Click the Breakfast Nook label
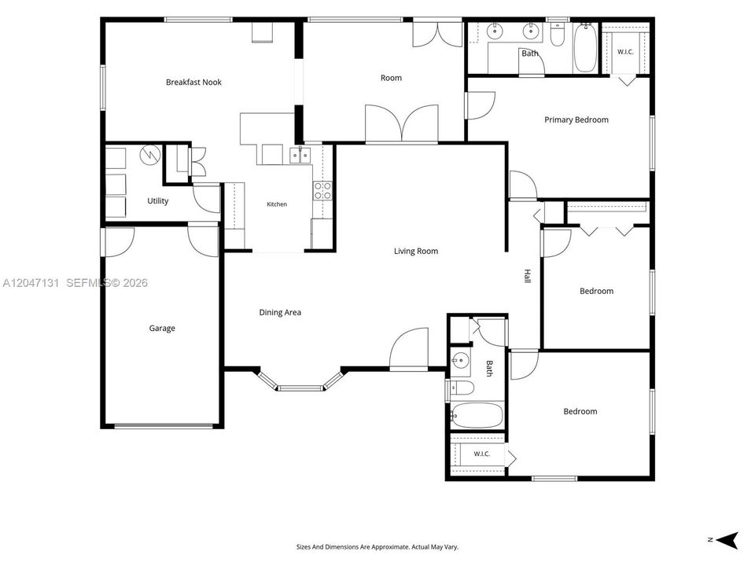coord(193,83)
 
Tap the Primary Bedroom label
coord(576,119)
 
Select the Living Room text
coord(416,251)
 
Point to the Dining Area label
coord(280,312)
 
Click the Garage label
coord(162,329)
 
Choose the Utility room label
coord(157,200)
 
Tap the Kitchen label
coord(277,204)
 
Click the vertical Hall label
coord(527,276)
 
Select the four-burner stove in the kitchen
coord(322,190)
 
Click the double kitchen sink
coord(300,156)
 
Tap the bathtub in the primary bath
coord(585,48)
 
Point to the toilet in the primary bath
coord(557,35)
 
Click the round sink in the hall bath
coord(460,359)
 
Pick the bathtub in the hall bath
coord(477,416)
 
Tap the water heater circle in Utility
coord(149,155)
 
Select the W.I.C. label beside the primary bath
coord(625,52)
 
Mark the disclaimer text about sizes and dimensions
coord(377,547)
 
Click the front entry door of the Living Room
coord(409,349)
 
